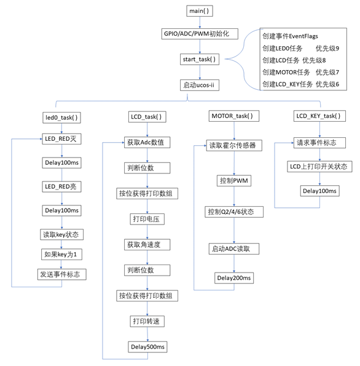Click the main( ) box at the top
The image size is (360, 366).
198,12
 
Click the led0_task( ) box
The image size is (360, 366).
62,117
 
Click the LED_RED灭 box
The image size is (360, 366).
62,140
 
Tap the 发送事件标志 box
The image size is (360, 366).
61,274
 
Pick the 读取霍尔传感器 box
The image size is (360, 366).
232,146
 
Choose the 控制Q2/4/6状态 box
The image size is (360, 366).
231,212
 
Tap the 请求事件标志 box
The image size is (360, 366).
315,143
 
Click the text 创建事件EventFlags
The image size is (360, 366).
290,36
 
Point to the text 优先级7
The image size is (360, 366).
327,72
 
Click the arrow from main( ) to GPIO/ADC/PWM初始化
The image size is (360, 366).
198,23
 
